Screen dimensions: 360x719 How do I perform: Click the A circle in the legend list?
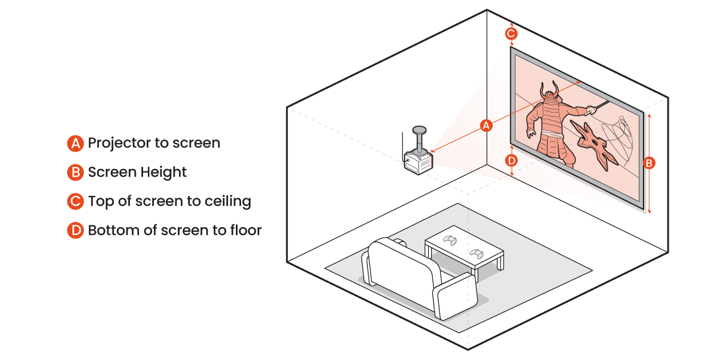[x=75, y=143]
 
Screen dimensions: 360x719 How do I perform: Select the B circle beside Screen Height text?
[x=75, y=173]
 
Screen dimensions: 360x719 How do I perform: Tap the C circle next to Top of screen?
[x=75, y=201]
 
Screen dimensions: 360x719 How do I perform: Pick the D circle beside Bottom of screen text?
[x=75, y=231]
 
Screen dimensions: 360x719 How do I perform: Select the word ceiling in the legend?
[x=230, y=201]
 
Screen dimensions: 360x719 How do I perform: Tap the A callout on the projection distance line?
[x=487, y=125]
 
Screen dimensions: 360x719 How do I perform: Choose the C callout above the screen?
[x=511, y=34]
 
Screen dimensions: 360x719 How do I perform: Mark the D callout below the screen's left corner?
[x=511, y=161]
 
